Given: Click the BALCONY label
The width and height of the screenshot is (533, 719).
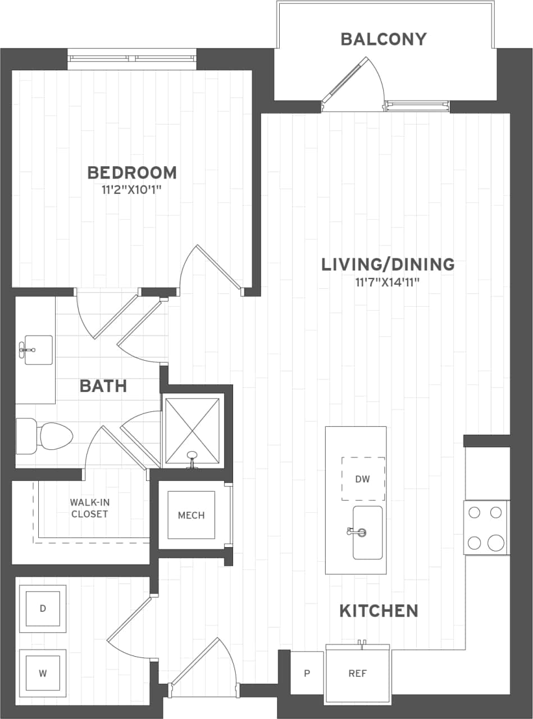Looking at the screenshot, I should point(384,39).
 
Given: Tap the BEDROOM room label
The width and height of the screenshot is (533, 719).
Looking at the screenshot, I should point(132,172).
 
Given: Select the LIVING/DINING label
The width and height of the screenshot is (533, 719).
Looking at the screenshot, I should point(388,264).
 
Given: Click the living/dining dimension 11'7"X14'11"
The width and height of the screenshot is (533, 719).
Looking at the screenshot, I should point(388,281).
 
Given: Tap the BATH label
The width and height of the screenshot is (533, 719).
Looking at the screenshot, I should point(103,386).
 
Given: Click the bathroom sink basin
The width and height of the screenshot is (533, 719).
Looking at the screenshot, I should point(38,350).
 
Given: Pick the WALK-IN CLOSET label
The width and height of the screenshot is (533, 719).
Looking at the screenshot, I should point(89,508).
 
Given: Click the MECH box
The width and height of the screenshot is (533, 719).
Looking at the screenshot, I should point(191,515).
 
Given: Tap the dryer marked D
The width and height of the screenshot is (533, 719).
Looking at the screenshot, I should point(43,608).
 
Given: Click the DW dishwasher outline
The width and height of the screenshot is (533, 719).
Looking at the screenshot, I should point(363,479).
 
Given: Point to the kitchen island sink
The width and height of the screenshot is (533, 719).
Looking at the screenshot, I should point(367,532).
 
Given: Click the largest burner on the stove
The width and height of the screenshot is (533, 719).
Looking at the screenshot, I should point(496,543).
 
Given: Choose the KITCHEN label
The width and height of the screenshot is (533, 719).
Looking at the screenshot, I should point(379,611).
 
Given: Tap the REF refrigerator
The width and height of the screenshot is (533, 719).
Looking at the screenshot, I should point(358,674).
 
